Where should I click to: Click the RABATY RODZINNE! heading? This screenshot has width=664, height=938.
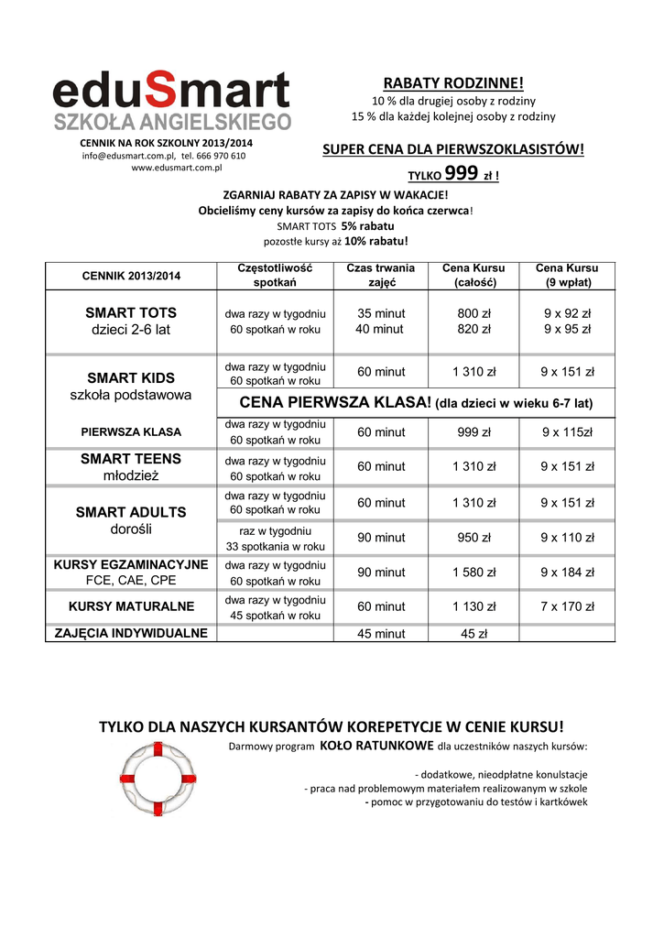pyautogui.click(x=453, y=83)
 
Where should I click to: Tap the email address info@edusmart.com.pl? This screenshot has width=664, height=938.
pyautogui.click(x=120, y=156)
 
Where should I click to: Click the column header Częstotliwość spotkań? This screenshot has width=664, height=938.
pyautogui.click(x=275, y=275)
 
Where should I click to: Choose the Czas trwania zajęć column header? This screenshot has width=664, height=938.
pyautogui.click(x=380, y=275)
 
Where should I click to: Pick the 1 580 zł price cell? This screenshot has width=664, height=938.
pyautogui.click(x=474, y=573)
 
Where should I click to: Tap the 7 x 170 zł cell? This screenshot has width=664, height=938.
pyautogui.click(x=567, y=606)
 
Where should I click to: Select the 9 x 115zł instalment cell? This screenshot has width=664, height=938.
pyautogui.click(x=567, y=432)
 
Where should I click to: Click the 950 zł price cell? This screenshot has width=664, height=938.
pyautogui.click(x=474, y=538)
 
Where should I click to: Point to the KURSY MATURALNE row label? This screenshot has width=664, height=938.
pyautogui.click(x=131, y=606)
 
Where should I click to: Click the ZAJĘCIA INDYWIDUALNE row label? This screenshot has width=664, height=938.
pyautogui.click(x=131, y=633)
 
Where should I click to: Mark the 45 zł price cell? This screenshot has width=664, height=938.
pyautogui.click(x=474, y=633)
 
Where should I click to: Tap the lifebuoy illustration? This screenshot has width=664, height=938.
pyautogui.click(x=161, y=779)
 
